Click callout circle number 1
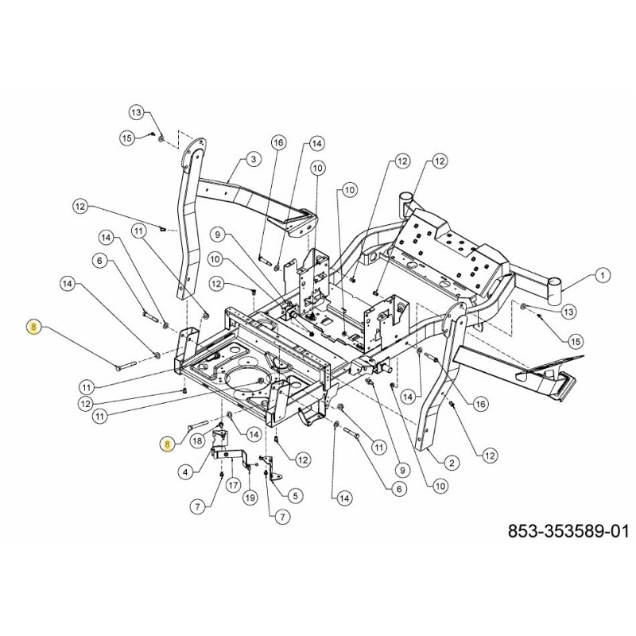click(x=602, y=276)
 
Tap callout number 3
click(x=252, y=160)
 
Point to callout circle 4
click(x=184, y=471)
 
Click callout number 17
click(x=233, y=484)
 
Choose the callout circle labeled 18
click(x=197, y=439)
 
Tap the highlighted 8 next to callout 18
click(x=167, y=444)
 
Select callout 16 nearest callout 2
click(x=479, y=405)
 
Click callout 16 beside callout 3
click(x=277, y=142)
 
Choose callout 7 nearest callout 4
click(x=196, y=506)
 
